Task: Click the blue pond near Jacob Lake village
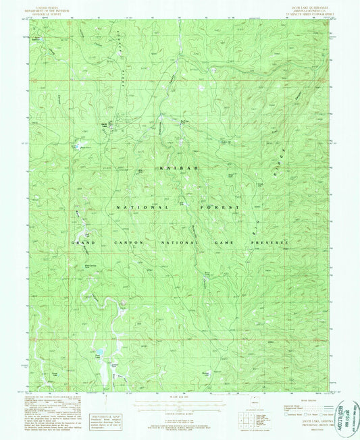click(80, 145)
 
